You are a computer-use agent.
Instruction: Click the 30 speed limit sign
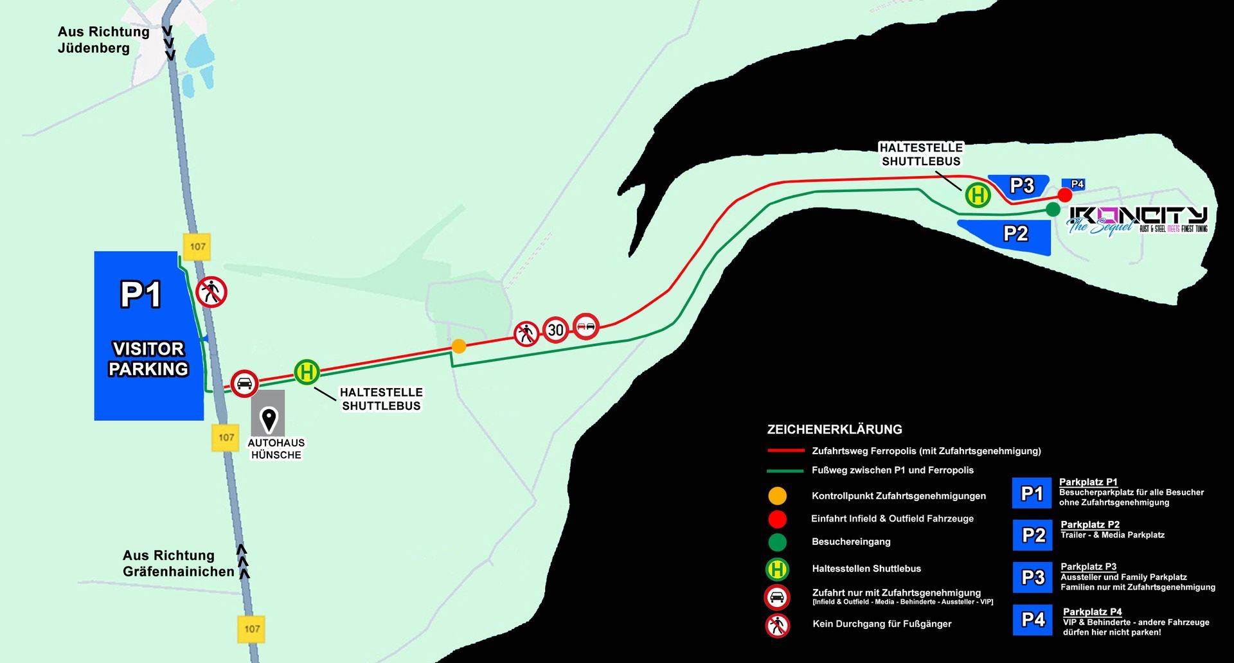point(555,330)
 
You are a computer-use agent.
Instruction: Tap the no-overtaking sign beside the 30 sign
point(586,326)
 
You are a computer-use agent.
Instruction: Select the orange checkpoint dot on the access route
point(458,346)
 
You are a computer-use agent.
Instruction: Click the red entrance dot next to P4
point(1064,195)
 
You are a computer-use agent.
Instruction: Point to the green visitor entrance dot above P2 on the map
point(1053,209)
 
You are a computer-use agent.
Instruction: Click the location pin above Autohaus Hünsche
point(268,420)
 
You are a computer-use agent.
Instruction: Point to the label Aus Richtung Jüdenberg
point(103,40)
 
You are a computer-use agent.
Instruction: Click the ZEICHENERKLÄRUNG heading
point(834,429)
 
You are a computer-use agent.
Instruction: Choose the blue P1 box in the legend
point(1032,493)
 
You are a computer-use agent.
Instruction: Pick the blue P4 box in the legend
point(1032,620)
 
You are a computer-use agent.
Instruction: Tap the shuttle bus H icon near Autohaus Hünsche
point(307,372)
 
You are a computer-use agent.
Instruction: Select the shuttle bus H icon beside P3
point(978,195)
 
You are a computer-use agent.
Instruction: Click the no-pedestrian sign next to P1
point(211,292)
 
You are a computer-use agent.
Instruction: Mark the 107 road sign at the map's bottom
point(251,628)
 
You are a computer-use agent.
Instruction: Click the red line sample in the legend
point(785,451)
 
